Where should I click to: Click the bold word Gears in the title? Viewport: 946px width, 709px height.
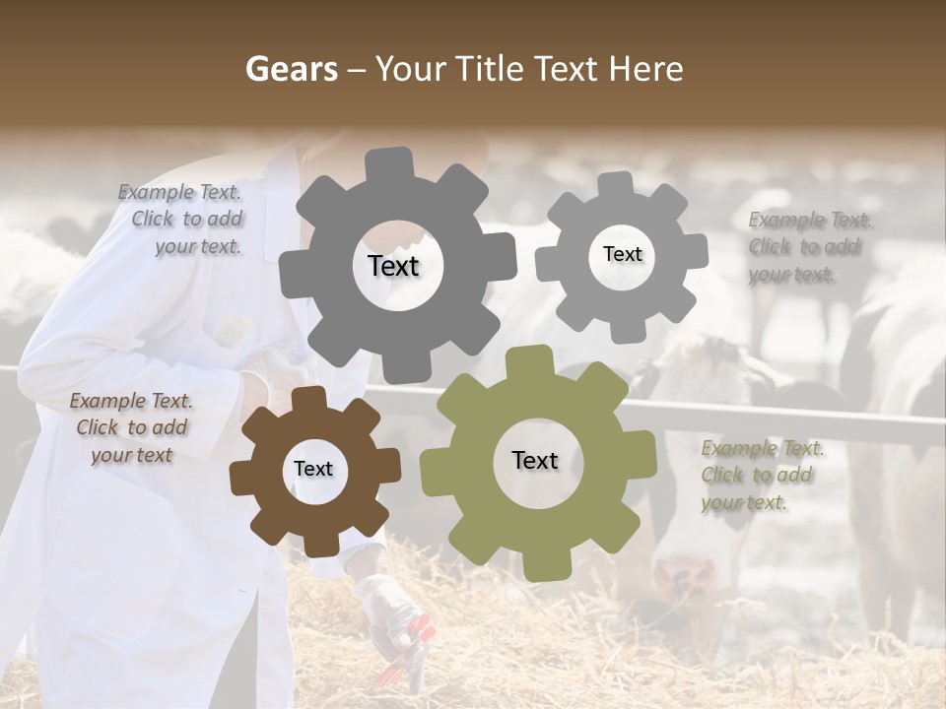[291, 70]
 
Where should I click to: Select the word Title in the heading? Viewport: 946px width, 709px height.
[492, 70]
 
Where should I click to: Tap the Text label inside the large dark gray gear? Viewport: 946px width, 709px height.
[393, 266]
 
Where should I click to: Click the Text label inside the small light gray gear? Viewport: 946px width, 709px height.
[622, 254]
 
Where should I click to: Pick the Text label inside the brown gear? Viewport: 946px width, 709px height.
[313, 469]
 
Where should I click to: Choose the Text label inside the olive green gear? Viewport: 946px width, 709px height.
[535, 460]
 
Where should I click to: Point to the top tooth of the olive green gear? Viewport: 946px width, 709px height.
[530, 360]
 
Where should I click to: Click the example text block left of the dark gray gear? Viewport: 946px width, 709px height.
[181, 220]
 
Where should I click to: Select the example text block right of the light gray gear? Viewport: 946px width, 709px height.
[808, 247]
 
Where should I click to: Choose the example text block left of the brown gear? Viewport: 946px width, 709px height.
[131, 427]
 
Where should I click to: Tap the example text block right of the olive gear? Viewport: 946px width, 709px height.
[761, 476]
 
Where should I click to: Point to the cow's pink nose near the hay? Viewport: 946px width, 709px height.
[679, 576]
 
